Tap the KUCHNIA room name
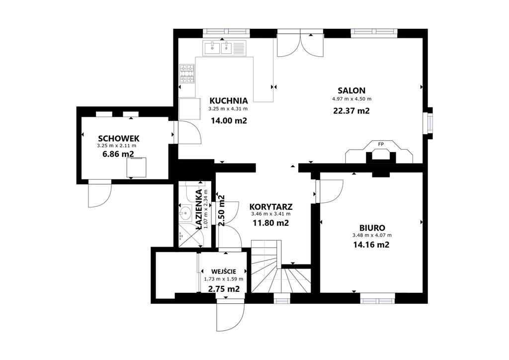[229, 100]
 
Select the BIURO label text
[372, 228]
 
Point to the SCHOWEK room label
[119, 139]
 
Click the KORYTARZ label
[271, 207]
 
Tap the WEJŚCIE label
[224, 271]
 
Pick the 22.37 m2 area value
[351, 111]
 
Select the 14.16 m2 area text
[371, 245]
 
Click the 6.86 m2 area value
[118, 154]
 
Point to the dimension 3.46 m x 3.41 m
[271, 214]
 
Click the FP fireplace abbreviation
[380, 144]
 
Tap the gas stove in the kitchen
[187, 74]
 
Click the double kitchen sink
[224, 48]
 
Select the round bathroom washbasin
[185, 213]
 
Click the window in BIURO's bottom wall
[378, 298]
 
